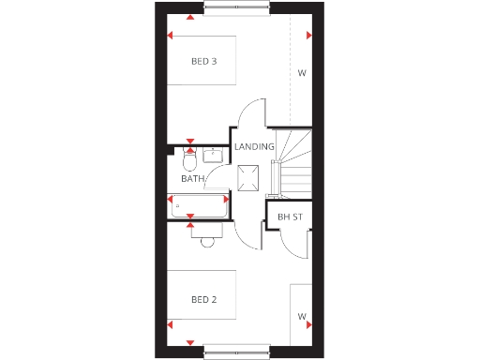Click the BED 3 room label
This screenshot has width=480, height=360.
click(204, 62)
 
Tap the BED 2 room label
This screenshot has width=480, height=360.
click(204, 300)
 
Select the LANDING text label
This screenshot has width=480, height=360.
click(254, 147)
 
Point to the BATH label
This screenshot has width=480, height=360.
click(193, 179)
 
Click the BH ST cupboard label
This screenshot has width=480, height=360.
click(289, 217)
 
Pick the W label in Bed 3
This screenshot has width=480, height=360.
click(302, 73)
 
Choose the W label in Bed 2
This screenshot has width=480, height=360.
click(302, 316)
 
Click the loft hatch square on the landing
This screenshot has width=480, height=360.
click(250, 176)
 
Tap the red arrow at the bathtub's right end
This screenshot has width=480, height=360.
click(226, 199)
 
